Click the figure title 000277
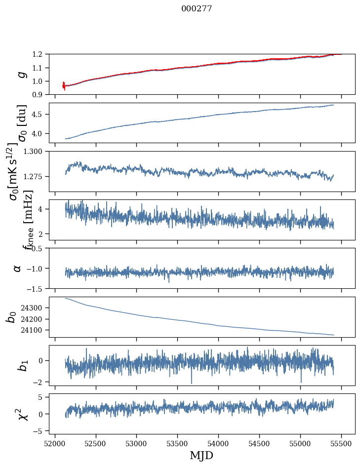click(197, 8)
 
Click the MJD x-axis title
click(201, 455)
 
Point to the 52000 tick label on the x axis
click(55, 443)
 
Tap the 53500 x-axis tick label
click(177, 443)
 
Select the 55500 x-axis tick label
click(341, 443)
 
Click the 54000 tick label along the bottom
click(218, 443)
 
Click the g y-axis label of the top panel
click(21, 74)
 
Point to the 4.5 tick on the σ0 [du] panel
click(42, 114)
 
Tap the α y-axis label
click(18, 268)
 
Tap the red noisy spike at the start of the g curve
click(64, 85)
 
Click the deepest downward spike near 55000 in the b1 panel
click(301, 381)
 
